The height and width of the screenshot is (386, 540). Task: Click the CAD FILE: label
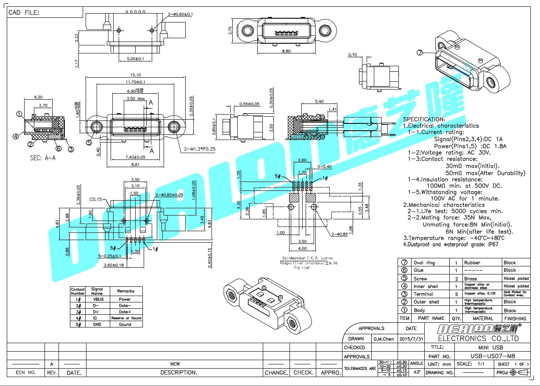click(24, 13)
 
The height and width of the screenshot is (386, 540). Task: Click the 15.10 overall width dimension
click(136, 75)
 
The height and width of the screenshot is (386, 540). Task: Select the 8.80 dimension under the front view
click(286, 51)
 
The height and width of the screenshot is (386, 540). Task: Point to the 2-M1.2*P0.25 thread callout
click(200, 149)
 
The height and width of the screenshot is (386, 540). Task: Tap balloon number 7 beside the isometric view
click(420, 53)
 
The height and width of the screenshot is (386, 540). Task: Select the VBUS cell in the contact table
click(97, 299)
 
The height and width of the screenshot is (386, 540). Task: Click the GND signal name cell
click(97, 324)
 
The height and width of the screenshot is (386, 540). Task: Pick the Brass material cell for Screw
click(470, 279)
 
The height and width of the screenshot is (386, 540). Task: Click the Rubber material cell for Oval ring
click(472, 263)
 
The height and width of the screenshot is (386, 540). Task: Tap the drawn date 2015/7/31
click(411, 339)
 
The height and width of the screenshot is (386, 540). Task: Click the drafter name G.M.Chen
click(384, 339)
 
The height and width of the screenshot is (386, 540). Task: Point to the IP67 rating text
click(492, 244)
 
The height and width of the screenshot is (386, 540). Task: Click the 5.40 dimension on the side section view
click(319, 101)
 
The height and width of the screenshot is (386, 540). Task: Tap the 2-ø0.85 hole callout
click(340, 234)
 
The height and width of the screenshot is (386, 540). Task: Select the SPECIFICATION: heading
click(424, 119)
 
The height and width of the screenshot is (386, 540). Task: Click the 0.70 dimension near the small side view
click(352, 55)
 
